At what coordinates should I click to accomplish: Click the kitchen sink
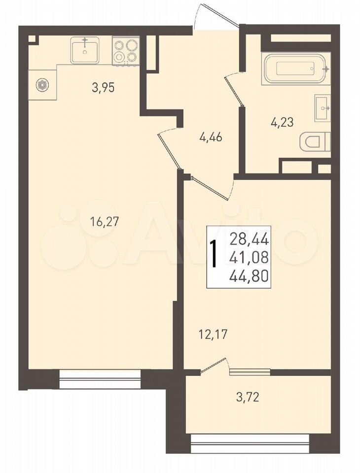pos(85,50)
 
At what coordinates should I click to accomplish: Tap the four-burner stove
pos(126,51)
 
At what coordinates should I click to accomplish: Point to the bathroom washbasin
pos(323,108)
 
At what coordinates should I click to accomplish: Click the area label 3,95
pos(103,88)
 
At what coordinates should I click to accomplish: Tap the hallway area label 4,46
pos(211,137)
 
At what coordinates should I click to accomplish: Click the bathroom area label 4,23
pos(282,123)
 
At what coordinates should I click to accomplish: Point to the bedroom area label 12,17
pos(213,335)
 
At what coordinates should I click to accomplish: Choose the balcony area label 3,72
pos(248,398)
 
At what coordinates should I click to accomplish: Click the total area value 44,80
pos(249,276)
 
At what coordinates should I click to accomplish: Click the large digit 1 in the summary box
pos(215,254)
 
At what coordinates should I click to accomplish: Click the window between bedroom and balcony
pos(250,372)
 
